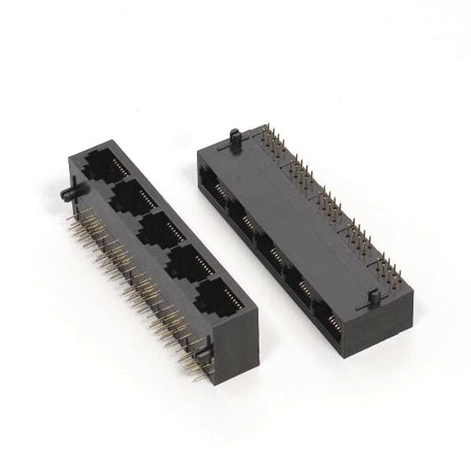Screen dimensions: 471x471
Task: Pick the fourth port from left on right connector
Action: point(297,271)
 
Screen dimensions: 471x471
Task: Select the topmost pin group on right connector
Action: point(273,146)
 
